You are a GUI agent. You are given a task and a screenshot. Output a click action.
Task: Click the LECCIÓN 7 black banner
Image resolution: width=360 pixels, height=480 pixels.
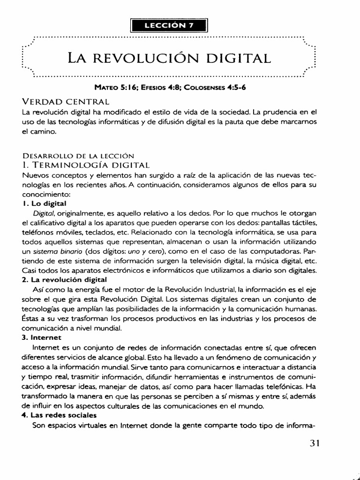coord(169,26)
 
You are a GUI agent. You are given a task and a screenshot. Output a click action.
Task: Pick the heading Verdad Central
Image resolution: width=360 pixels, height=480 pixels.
coord(66,102)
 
